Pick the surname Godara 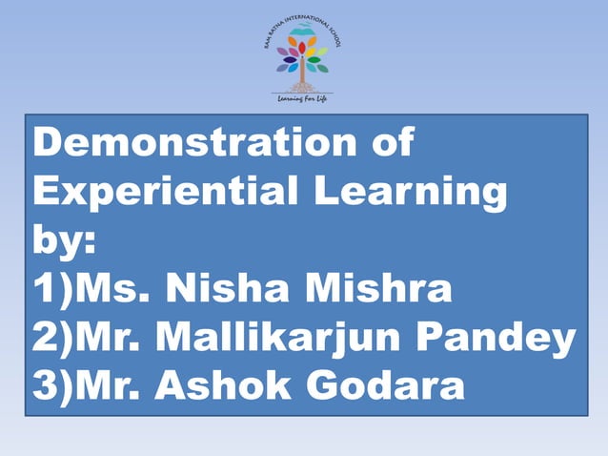[391, 385]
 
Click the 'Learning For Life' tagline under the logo [301, 98]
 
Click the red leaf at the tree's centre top [302, 46]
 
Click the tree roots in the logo [302, 87]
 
